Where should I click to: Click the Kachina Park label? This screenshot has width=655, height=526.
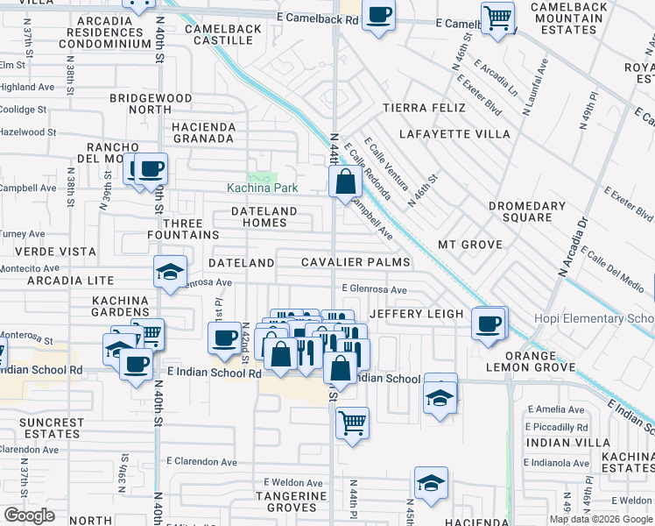(263, 188)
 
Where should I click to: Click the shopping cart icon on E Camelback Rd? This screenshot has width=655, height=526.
(497, 17)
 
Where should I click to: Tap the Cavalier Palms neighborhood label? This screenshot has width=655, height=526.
(356, 262)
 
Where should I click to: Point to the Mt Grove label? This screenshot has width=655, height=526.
(470, 245)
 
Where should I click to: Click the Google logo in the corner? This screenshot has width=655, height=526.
(29, 515)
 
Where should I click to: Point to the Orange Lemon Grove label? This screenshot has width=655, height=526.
(523, 361)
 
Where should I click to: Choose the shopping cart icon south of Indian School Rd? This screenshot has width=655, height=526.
(352, 423)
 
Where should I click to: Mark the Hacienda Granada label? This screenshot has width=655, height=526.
(204, 132)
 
